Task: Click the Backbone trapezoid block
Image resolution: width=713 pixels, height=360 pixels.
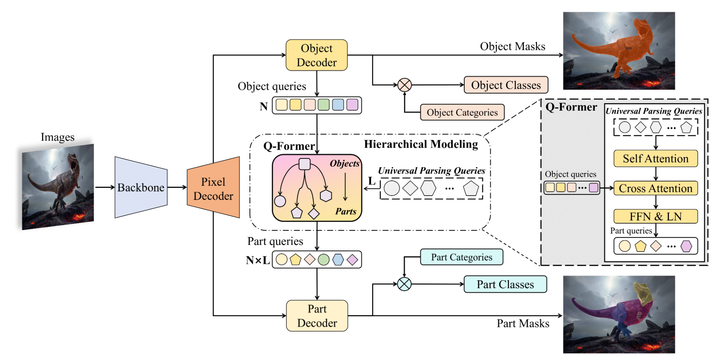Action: pyautogui.click(x=141, y=187)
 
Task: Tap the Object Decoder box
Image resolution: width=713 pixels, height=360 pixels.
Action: pyautogui.click(x=317, y=55)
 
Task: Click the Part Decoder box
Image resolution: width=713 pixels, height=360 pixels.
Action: pyautogui.click(x=317, y=316)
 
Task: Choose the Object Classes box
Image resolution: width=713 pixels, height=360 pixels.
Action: pyautogui.click(x=506, y=85)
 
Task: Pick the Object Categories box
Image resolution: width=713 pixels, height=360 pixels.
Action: pyautogui.click(x=462, y=112)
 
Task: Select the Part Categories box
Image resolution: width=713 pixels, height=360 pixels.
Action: pyautogui.click(x=461, y=257)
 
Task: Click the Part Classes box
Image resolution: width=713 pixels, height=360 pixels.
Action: pyautogui.click(x=505, y=284)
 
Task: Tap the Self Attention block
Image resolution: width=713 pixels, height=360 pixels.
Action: pyautogui.click(x=655, y=159)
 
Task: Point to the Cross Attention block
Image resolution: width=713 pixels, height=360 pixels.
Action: pyautogui.click(x=655, y=188)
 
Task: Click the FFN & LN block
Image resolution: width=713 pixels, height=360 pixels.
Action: pyautogui.click(x=655, y=216)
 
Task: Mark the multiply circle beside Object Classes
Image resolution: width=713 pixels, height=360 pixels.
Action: pyautogui.click(x=404, y=85)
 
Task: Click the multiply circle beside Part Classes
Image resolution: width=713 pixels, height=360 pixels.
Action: pyautogui.click(x=404, y=284)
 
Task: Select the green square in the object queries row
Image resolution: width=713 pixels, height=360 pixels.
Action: pyautogui.click(x=323, y=105)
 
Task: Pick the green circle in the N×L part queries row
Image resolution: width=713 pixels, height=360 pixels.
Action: pyautogui.click(x=323, y=259)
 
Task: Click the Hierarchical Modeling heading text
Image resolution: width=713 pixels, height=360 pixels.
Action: pyautogui.click(x=421, y=144)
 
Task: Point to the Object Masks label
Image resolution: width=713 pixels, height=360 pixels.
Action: pyautogui.click(x=512, y=46)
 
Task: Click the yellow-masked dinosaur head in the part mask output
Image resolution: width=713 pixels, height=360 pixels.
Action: pyautogui.click(x=643, y=293)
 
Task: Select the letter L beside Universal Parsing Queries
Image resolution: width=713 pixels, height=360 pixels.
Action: pyautogui.click(x=371, y=181)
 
